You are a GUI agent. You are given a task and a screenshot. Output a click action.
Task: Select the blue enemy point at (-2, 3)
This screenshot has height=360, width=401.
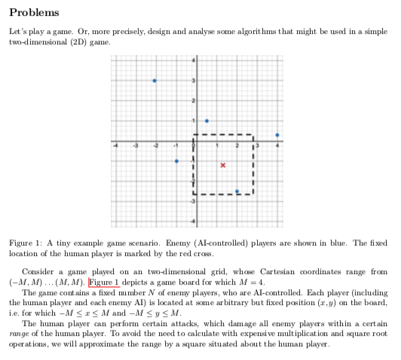coord(155,81)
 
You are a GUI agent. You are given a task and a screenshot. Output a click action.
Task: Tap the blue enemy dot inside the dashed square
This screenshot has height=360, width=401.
coord(237,191)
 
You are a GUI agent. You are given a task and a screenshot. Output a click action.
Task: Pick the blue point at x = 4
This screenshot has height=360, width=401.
coord(277,136)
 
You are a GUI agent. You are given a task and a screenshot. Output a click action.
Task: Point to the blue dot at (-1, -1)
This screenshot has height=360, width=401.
coord(176,161)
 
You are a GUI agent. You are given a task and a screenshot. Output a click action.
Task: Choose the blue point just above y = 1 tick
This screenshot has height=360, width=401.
coord(207,121)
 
